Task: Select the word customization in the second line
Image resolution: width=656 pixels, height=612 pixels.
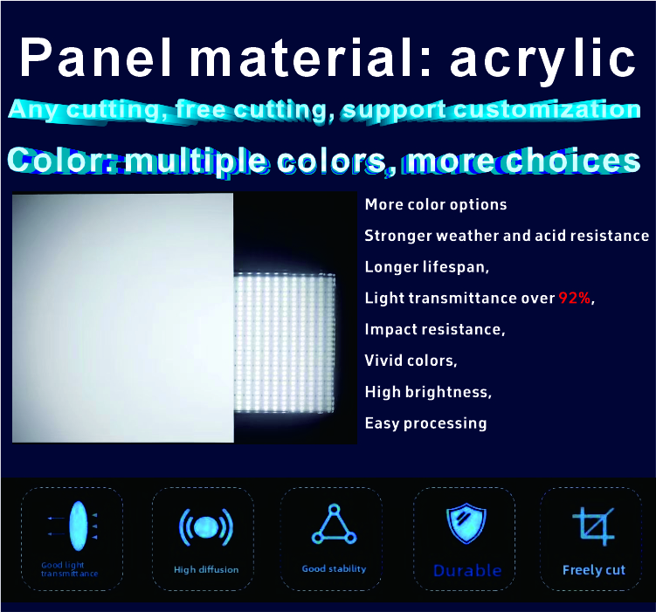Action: (x=547, y=109)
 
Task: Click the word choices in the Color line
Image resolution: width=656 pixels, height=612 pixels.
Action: (x=573, y=160)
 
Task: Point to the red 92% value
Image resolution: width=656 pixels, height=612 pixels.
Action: (x=575, y=298)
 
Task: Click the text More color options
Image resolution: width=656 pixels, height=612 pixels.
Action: (x=436, y=205)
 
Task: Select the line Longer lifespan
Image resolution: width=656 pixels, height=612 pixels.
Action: (x=427, y=267)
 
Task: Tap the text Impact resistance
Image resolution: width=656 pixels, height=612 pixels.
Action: (x=435, y=329)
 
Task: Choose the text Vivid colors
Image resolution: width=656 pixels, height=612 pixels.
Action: (x=411, y=361)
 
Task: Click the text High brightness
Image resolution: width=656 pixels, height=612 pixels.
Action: (x=428, y=392)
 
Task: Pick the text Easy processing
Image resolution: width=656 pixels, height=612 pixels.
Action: (x=425, y=423)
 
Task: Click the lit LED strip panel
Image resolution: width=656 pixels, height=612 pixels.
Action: (x=285, y=343)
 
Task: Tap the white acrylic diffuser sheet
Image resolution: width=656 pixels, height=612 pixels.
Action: (x=122, y=318)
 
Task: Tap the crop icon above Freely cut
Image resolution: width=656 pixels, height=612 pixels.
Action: (x=593, y=526)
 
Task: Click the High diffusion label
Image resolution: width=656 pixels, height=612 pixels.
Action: (x=206, y=569)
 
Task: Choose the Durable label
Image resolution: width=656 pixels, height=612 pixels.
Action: (x=467, y=571)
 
